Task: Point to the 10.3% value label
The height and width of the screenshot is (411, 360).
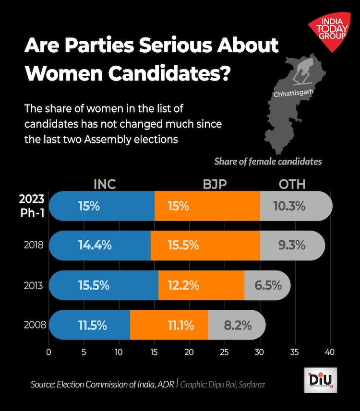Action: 289,206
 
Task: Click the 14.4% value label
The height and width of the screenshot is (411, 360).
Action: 95,245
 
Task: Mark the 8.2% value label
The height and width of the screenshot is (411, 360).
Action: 238,326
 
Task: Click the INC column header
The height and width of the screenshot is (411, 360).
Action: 105,184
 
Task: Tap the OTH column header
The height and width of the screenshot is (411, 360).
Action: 292,184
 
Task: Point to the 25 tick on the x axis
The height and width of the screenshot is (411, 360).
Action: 224,352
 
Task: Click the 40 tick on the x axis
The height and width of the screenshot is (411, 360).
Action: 329,352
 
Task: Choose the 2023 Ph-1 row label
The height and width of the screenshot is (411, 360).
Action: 32,206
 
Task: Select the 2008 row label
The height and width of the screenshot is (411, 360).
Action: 34,326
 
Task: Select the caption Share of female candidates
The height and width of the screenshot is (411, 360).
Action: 268,161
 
